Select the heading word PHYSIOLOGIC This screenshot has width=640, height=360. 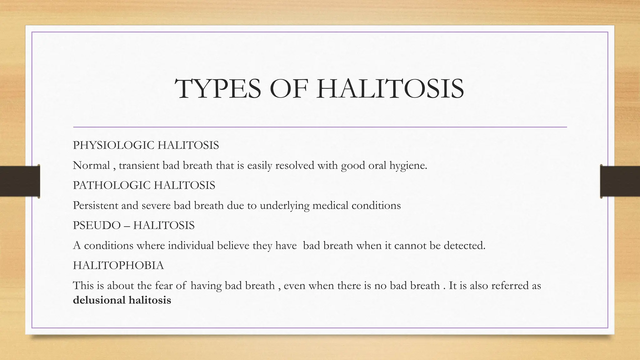[x=113, y=145]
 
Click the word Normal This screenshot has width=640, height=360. [x=91, y=165]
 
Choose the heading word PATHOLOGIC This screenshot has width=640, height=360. [x=112, y=185]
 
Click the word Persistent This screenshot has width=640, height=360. [x=95, y=205]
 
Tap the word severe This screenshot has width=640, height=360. [x=156, y=206]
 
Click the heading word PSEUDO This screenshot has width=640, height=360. [x=97, y=225]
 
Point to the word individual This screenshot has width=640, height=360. [x=191, y=245]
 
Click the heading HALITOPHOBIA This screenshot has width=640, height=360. [x=118, y=265]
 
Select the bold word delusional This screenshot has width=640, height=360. [x=99, y=300]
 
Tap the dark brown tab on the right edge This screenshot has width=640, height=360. [x=620, y=181]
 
